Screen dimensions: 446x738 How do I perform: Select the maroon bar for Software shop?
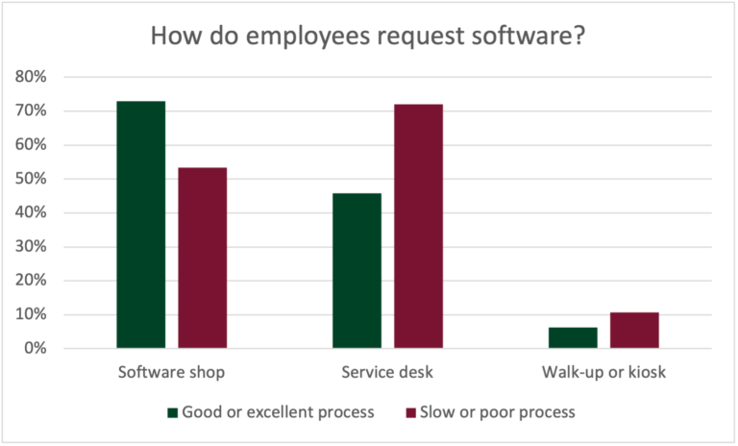point(203,258)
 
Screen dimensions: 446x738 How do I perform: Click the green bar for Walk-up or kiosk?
point(573,337)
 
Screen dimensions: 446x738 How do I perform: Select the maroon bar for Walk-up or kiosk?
point(634,330)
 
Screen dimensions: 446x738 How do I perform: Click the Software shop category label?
point(172,371)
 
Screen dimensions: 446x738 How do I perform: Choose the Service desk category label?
point(388,371)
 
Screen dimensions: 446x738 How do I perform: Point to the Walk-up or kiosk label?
point(603,371)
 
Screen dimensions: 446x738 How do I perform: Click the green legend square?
point(173,412)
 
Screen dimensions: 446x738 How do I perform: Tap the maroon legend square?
point(411,412)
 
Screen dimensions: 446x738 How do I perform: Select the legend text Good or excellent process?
point(277,412)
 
